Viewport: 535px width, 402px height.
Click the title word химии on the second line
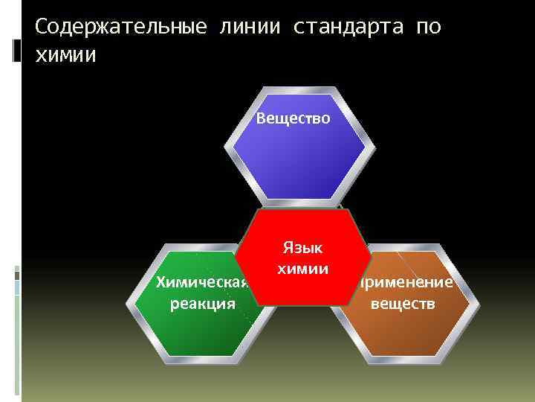click(65, 55)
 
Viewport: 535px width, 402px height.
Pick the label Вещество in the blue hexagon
click(294, 118)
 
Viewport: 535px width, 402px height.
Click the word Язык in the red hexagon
click(302, 248)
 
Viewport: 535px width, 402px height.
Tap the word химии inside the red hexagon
click(302, 268)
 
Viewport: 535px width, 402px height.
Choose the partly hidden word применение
click(407, 283)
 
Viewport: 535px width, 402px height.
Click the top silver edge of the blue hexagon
click(295, 92)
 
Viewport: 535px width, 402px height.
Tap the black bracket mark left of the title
click(17, 51)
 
